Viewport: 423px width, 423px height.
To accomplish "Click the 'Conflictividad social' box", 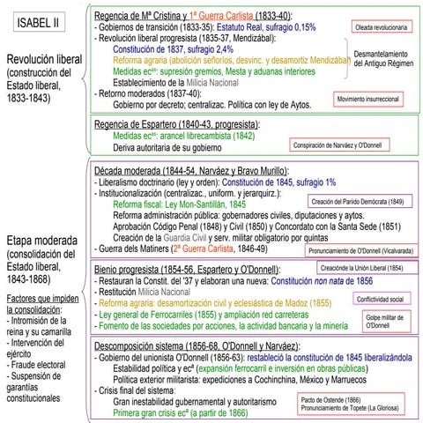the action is point(386,299).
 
